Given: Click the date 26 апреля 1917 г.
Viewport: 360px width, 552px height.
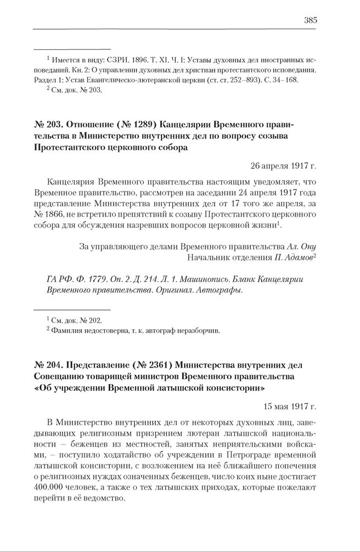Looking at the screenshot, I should (x=283, y=165).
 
